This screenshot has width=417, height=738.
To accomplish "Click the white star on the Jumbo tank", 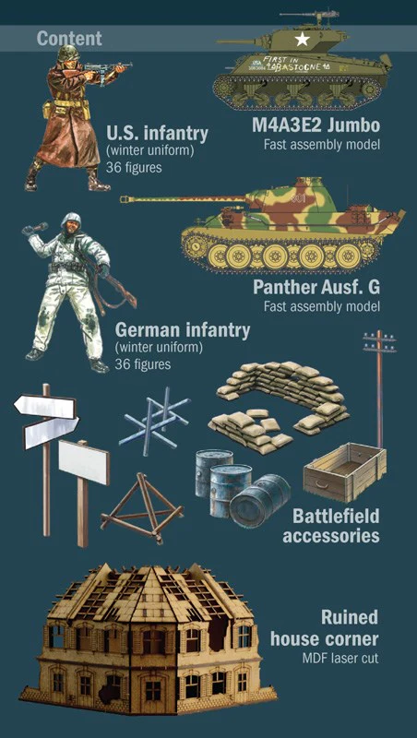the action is [x=303, y=40].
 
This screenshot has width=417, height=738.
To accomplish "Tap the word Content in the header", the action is [x=69, y=39].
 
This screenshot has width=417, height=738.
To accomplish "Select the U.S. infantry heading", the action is [x=157, y=134].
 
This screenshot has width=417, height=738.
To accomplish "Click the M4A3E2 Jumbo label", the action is [x=316, y=125].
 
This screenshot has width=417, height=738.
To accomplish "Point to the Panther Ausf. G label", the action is [x=316, y=287].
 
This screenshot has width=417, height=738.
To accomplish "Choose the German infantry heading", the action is [x=182, y=330].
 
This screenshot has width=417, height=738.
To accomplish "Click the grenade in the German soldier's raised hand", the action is [x=40, y=227].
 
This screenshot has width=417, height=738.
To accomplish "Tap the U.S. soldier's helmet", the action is [x=68, y=53].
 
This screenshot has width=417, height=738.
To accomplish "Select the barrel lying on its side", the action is [x=260, y=500].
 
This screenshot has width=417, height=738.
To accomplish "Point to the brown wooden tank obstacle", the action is [x=142, y=508].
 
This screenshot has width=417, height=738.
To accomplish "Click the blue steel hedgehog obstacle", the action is [x=154, y=416].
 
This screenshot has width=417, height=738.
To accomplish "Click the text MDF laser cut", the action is [x=340, y=658].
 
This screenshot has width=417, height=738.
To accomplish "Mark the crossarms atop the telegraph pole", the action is [x=379, y=341].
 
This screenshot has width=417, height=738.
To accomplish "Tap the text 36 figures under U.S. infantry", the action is [x=134, y=167].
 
